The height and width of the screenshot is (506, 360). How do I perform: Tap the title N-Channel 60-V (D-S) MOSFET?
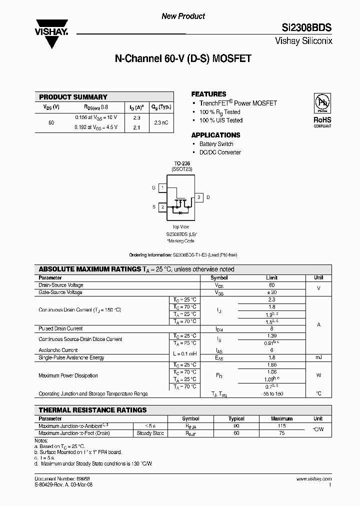click(183, 59)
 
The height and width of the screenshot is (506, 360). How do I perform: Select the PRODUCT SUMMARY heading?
click(73, 97)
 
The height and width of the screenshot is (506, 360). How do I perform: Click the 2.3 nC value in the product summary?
click(161, 122)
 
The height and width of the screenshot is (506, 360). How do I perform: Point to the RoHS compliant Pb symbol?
click(322, 102)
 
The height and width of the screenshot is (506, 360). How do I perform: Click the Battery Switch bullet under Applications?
click(216, 144)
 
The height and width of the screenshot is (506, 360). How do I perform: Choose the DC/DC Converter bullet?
click(220, 152)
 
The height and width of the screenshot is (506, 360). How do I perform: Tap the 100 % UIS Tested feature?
click(221, 120)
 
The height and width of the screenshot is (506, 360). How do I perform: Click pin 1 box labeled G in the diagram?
click(162, 187)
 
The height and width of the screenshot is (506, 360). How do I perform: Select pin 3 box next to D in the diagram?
click(198, 197)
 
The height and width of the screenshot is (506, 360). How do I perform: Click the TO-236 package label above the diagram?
click(182, 163)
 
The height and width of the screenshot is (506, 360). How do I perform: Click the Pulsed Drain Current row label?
click(60, 328)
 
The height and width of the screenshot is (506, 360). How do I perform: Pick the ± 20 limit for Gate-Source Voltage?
click(272, 292)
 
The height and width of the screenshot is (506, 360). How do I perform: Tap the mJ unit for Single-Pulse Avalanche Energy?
click(318, 357)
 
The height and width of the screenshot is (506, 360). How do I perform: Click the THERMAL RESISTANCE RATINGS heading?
click(92, 410)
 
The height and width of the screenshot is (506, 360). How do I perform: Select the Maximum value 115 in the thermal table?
click(281, 425)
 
